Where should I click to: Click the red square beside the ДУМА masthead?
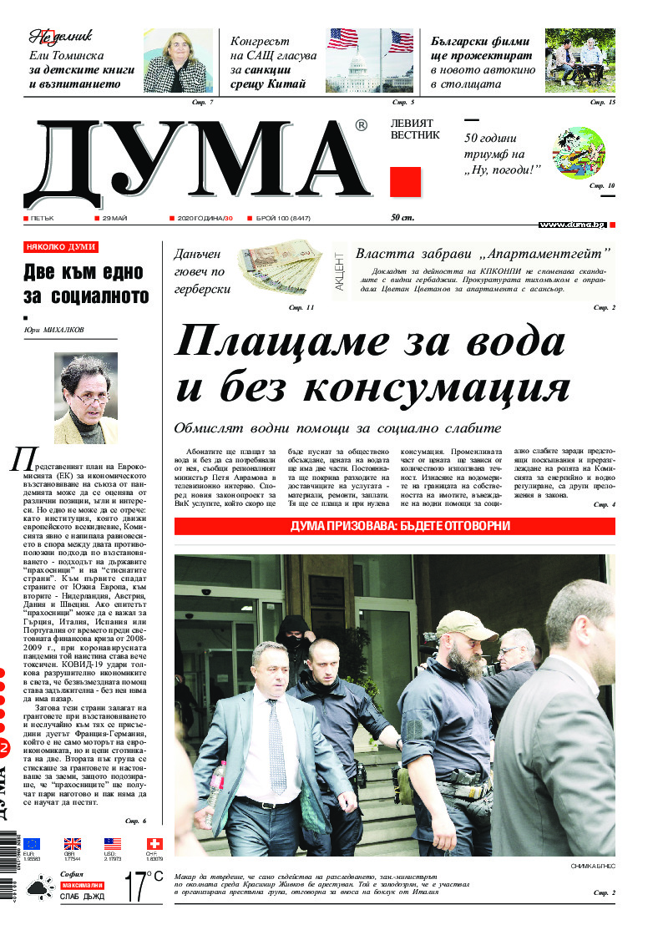pyautogui.click(x=405, y=182)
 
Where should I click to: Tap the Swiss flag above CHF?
pyautogui.click(x=154, y=844)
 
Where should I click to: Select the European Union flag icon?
pyautogui.click(x=32, y=844)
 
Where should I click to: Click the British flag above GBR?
pyautogui.click(x=73, y=844)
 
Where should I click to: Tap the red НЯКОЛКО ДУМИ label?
pyautogui.click(x=61, y=247)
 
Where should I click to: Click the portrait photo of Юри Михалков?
pyautogui.click(x=85, y=397)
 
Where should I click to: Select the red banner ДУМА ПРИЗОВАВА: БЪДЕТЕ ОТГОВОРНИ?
pyautogui.click(x=394, y=527)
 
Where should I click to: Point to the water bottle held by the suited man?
pyautogui.click(x=217, y=780)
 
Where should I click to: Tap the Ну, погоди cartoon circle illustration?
pyautogui.click(x=579, y=153)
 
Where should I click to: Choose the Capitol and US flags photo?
pyautogui.click(x=369, y=61)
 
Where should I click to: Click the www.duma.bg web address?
pyautogui.click(x=572, y=225)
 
